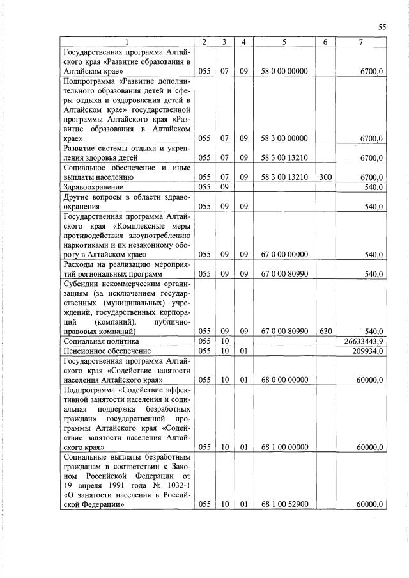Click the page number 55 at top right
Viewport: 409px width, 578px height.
(x=382, y=26)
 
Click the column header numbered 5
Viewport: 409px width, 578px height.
(x=284, y=42)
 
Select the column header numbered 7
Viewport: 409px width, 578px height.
(x=361, y=42)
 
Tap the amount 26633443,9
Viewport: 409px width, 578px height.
(x=364, y=342)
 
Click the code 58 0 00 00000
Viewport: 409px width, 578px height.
(x=284, y=74)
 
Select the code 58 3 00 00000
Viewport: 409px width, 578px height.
(x=284, y=138)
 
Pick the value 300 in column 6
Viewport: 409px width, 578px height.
(x=325, y=177)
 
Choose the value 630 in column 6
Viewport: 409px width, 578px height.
(x=325, y=332)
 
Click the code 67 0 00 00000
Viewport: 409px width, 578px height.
(x=284, y=255)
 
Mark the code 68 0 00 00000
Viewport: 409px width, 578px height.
(x=284, y=380)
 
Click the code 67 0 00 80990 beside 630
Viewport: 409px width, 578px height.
(x=284, y=332)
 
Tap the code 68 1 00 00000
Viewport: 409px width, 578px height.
(x=284, y=447)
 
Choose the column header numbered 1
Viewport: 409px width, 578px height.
(x=127, y=42)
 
